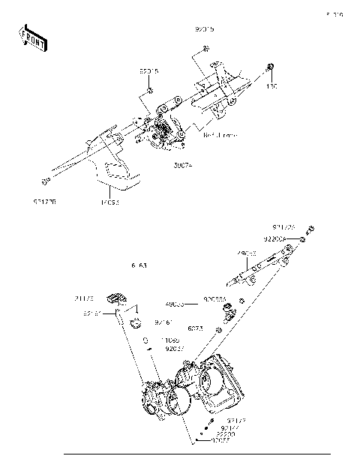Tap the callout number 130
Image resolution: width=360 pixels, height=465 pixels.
coord(271,87)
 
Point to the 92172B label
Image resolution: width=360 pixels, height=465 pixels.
coord(46,202)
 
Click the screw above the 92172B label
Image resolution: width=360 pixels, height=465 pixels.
coord(46,181)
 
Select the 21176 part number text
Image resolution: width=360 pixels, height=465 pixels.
coord(85,297)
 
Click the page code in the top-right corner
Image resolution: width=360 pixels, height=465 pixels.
coord(333,14)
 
